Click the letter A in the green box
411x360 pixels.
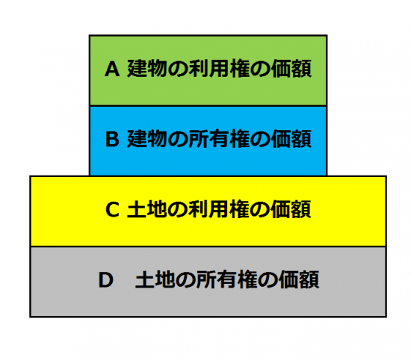coord(112,69)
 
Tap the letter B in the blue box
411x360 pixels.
coord(112,139)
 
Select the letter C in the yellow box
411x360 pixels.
coord(112,209)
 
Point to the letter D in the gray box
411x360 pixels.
coord(105,280)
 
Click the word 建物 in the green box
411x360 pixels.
coord(147,69)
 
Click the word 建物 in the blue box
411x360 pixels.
coord(147,139)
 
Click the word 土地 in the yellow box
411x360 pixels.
coord(147,209)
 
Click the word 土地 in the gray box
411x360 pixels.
coord(155,280)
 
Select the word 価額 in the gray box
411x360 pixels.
coord(299,280)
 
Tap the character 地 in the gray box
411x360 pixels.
coord(165,280)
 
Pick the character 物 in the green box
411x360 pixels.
coord(157,69)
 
